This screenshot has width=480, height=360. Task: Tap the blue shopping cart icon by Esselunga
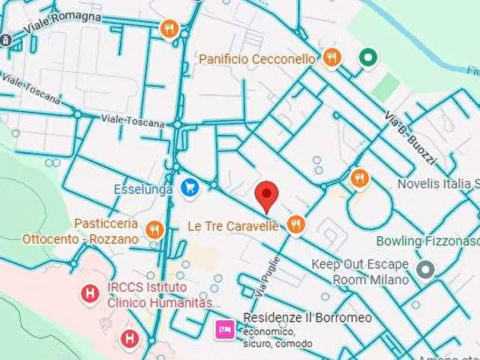(x=190, y=188)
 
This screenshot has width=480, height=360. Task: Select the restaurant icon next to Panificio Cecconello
(x=332, y=58)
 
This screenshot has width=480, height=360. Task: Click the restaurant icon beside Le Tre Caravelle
(x=295, y=225)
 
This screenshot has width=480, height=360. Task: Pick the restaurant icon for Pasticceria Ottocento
(x=154, y=230)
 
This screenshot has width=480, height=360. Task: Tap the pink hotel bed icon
(x=224, y=329)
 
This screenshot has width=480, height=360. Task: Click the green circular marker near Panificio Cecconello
(x=368, y=57)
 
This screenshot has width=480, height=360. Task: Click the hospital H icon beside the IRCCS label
(x=90, y=293)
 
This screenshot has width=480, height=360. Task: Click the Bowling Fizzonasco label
(x=427, y=241)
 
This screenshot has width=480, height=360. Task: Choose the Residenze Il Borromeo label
(x=307, y=318)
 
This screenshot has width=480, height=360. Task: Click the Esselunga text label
(x=143, y=189)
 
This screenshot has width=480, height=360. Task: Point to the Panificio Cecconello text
(x=257, y=59)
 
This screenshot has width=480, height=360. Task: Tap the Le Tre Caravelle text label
(x=233, y=226)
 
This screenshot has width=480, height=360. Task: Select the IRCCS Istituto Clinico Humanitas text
(x=163, y=295)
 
